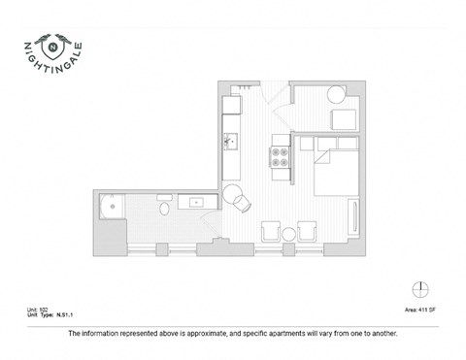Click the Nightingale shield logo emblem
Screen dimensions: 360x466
click(53, 44)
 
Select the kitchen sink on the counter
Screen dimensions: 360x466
click(231, 142)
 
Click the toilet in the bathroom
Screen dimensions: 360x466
click(162, 207)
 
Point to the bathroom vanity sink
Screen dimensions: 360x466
click(195, 202)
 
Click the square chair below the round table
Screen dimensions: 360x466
click(345, 120)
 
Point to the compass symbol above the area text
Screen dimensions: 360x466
click(418, 288)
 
